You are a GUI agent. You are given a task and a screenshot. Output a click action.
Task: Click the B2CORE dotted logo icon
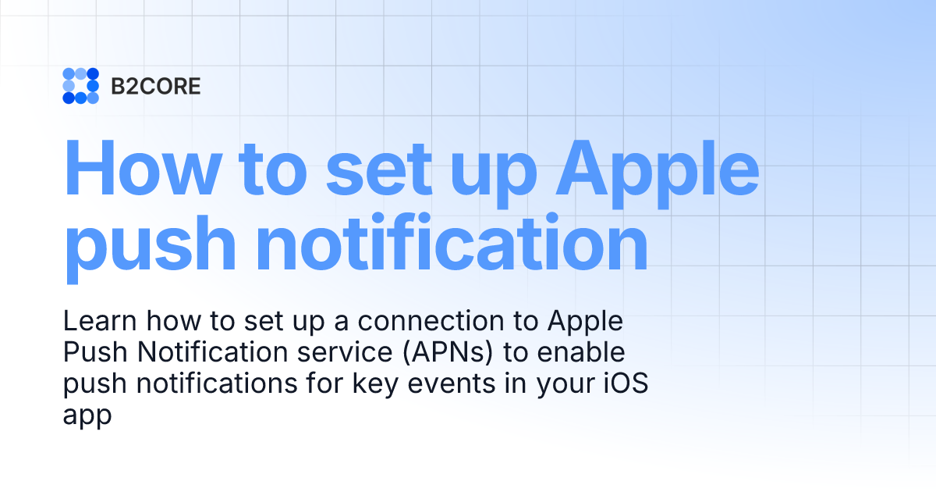pyautogui.click(x=80, y=86)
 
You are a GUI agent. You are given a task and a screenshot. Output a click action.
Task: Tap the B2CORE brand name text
pyautogui.click(x=156, y=87)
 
